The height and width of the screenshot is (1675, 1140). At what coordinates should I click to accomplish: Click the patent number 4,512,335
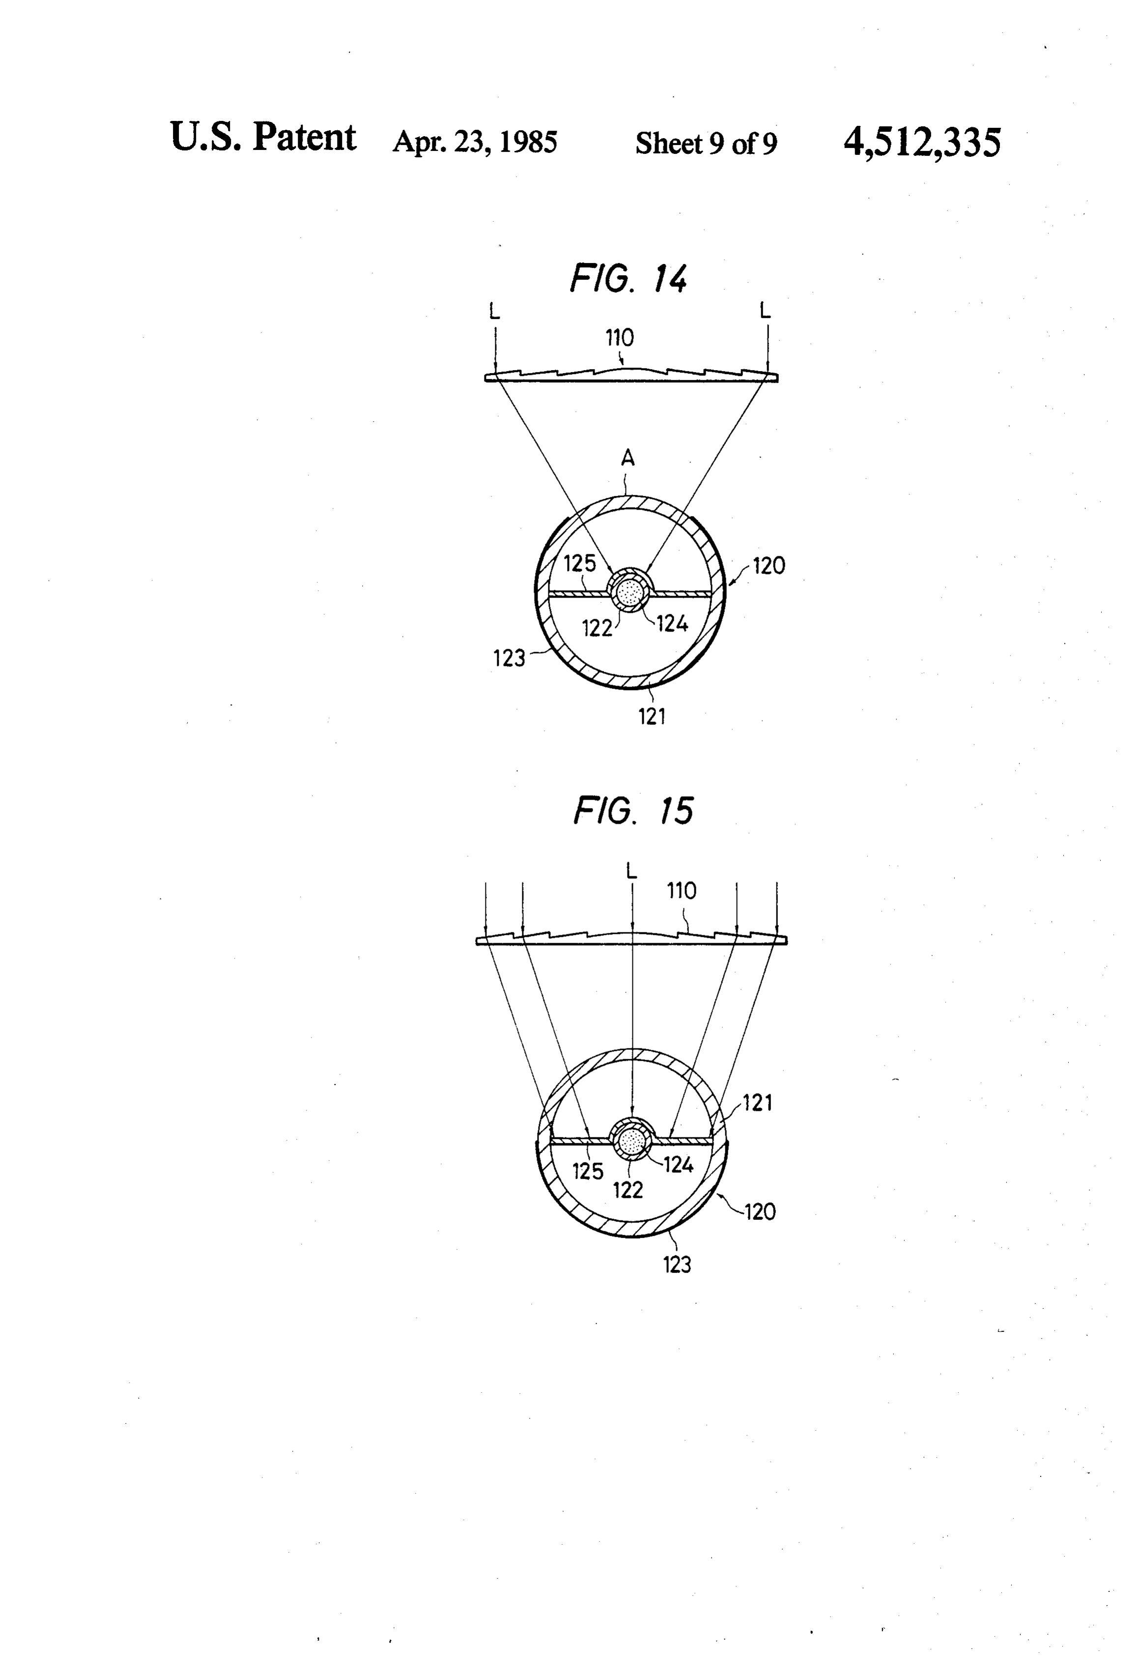(922, 142)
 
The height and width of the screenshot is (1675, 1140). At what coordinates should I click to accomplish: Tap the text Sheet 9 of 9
(706, 144)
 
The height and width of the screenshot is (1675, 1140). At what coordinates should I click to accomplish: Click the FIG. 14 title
(628, 278)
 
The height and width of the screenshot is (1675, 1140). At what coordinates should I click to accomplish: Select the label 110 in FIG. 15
(682, 891)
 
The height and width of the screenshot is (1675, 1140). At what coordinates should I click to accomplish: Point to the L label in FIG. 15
(632, 870)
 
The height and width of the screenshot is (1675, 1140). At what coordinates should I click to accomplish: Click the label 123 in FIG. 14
(509, 658)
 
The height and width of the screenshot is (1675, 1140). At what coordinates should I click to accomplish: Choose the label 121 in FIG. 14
(652, 717)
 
